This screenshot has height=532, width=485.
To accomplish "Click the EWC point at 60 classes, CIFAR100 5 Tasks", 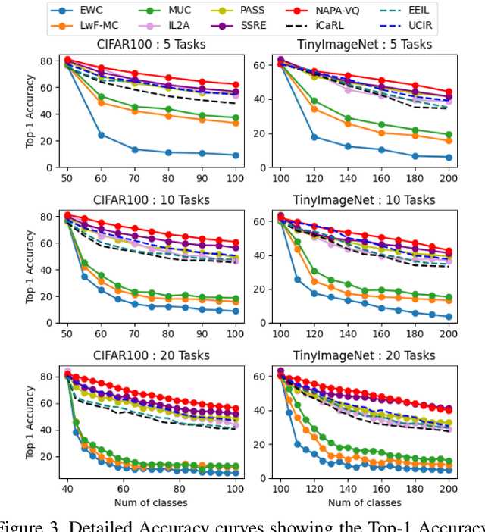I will pyautogui.click(x=101, y=135).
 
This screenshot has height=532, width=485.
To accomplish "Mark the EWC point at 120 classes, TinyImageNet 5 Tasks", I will pyautogui.click(x=314, y=137).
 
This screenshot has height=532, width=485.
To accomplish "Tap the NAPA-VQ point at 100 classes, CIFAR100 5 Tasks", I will pyautogui.click(x=235, y=85).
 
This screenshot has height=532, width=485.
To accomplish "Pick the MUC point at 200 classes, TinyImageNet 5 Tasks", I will pyautogui.click(x=448, y=135).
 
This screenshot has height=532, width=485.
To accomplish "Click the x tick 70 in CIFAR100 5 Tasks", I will pyautogui.click(x=134, y=176).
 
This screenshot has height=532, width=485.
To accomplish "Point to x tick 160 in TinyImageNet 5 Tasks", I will pyautogui.click(x=381, y=176).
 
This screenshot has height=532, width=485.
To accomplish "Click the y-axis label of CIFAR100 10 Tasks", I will pyautogui.click(x=30, y=266).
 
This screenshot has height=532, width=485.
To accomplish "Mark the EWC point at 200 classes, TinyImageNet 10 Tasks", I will pyautogui.click(x=448, y=317).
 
